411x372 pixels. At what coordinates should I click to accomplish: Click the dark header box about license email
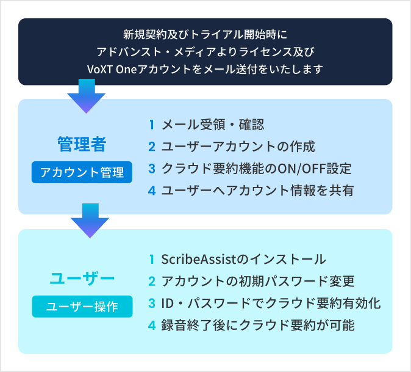205,51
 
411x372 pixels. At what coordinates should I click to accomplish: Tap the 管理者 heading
82,145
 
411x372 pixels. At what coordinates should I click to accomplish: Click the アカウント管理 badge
82,172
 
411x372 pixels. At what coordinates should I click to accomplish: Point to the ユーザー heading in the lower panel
82,279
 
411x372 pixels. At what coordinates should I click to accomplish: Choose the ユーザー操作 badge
82,306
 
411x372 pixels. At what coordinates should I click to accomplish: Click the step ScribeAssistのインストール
244,259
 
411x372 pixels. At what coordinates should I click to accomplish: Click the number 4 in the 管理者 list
152,190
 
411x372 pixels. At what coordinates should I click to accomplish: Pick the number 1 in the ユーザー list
152,259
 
